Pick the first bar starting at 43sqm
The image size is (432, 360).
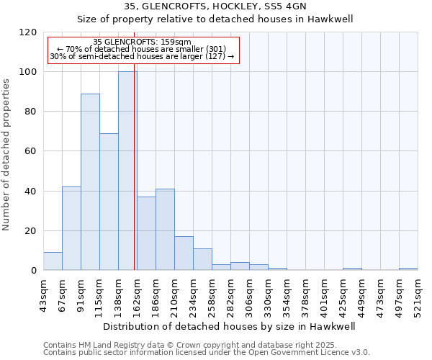(53, 261)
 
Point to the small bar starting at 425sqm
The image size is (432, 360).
(352, 269)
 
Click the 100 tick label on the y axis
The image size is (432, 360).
(28, 72)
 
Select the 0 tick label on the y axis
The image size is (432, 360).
(33, 271)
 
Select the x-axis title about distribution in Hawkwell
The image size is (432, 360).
(230, 326)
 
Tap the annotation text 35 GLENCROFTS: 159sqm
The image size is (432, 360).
(143, 42)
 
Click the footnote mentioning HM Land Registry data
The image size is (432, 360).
(205, 345)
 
